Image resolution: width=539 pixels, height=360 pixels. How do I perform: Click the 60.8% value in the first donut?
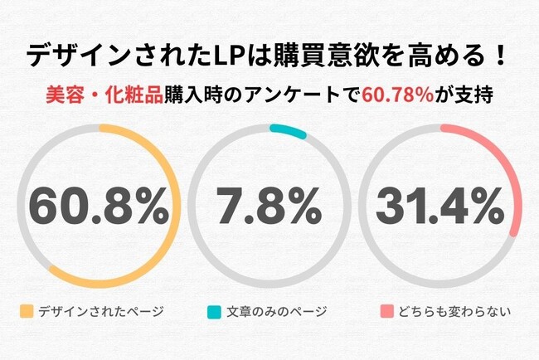[98, 207]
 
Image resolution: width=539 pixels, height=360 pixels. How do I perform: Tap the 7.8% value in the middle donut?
[270, 207]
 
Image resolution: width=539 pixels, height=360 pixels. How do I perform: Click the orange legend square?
[26, 312]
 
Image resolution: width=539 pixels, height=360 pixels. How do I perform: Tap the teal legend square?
[213, 312]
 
